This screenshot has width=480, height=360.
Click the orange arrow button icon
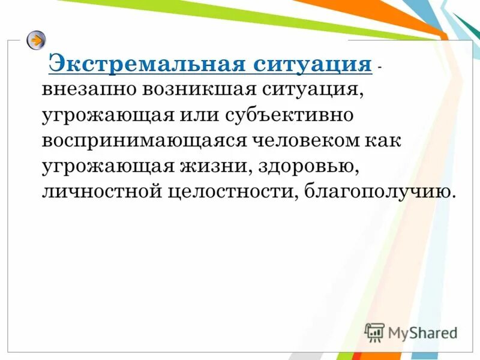click(36, 40)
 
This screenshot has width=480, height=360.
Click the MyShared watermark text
click(422, 332)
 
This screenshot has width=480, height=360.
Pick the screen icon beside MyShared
click(374, 332)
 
